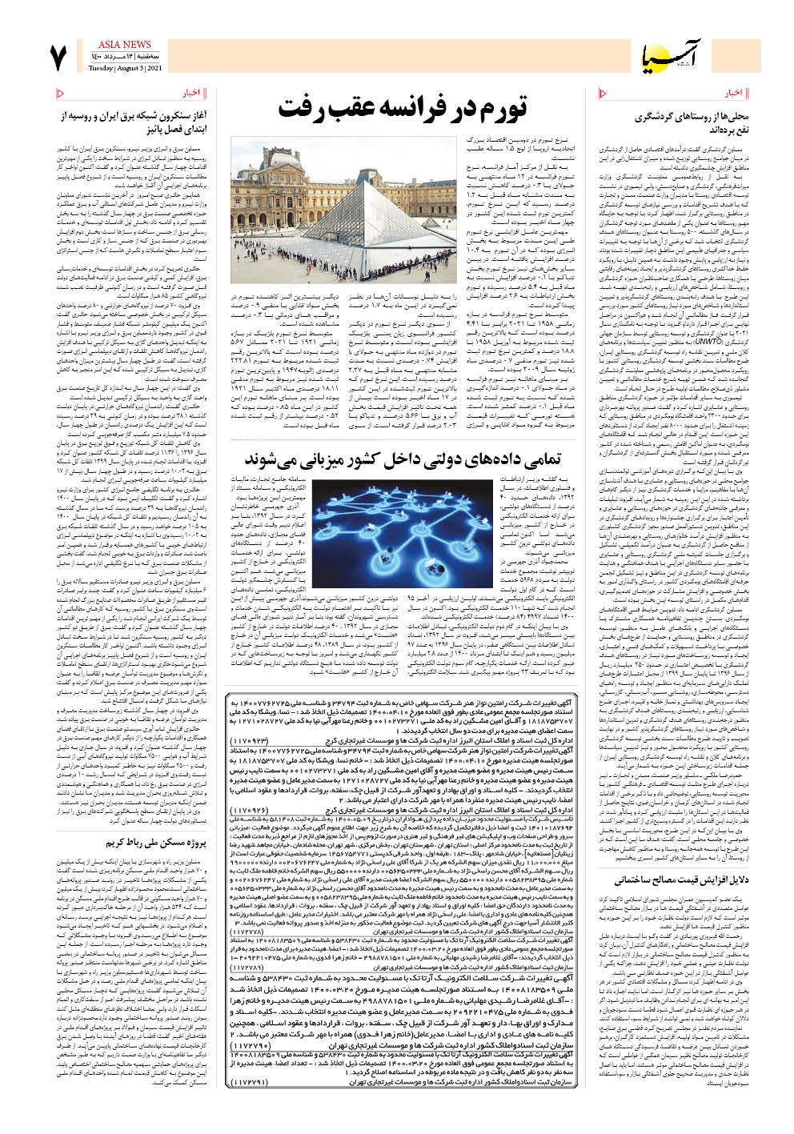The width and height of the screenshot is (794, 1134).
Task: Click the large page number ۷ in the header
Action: [x=58, y=58]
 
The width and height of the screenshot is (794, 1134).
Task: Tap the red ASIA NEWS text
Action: [x=124, y=45]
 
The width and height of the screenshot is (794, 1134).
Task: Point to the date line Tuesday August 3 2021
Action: [x=125, y=68]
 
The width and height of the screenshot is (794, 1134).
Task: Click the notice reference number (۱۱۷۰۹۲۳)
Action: [x=254, y=741]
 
